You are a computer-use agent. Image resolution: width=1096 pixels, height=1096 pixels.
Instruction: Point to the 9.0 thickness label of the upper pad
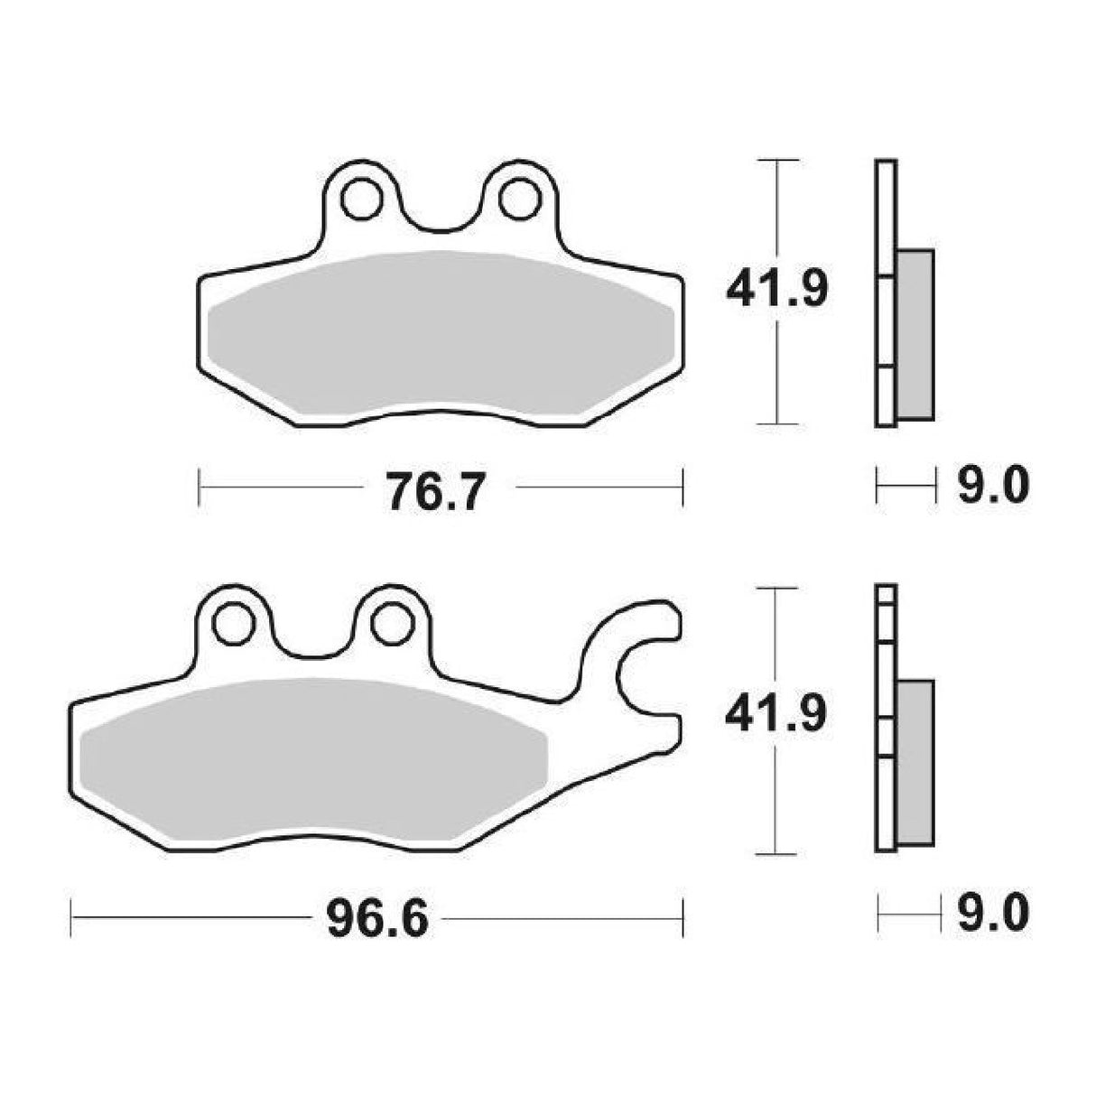(x=992, y=489)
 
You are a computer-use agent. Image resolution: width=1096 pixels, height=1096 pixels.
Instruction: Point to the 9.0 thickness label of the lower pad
(x=992, y=916)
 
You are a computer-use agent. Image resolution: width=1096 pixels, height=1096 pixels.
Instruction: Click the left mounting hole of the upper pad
(x=361, y=199)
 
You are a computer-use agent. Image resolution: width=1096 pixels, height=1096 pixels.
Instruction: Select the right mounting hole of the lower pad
(x=391, y=623)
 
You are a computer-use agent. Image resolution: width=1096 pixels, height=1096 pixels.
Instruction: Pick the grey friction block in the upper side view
(x=915, y=334)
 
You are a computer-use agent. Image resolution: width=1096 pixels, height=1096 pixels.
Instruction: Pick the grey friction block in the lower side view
(x=915, y=763)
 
